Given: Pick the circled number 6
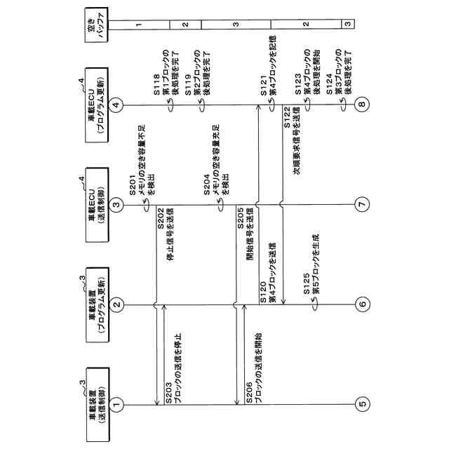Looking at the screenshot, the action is coord(362,304).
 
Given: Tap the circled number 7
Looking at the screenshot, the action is coord(362,205).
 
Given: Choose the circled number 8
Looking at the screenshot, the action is coord(362,105).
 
